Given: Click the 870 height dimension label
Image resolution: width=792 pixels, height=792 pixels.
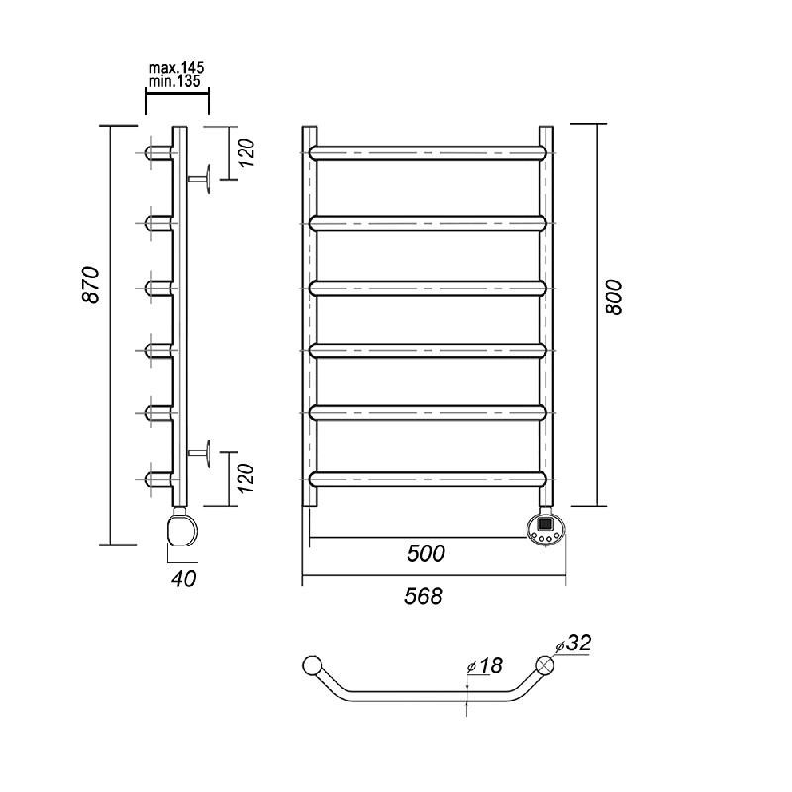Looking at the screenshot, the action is click(92, 284).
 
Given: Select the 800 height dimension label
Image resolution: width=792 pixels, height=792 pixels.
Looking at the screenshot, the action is click(614, 298).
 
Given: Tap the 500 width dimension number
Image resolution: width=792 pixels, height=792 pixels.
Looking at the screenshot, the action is click(426, 554).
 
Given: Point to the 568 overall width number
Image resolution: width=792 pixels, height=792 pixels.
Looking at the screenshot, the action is click(424, 596).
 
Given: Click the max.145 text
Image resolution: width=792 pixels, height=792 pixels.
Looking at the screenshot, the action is click(177, 67).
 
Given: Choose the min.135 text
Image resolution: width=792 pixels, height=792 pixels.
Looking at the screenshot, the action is click(175, 81).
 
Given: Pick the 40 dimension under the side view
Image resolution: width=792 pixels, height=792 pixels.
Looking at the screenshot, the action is click(183, 579).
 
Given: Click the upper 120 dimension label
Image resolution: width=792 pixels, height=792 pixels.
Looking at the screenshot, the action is click(246, 152).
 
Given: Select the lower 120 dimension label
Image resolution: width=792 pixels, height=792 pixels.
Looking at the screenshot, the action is click(246, 479).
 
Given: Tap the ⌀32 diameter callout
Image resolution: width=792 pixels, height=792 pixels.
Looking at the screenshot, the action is click(573, 643).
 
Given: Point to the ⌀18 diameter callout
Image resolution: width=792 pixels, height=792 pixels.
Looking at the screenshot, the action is click(485, 665).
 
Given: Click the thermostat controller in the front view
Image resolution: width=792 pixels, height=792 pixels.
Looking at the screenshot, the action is click(546, 530).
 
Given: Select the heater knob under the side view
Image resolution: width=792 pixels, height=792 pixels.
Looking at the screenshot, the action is click(182, 528).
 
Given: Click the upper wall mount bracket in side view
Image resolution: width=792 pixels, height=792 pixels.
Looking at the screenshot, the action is click(199, 179).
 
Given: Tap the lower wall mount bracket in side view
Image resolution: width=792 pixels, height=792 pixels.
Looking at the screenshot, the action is click(199, 453).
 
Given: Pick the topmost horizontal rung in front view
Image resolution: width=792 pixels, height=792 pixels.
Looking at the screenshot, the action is click(429, 153).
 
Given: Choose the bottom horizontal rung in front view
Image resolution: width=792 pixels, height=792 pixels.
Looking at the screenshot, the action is click(429, 479).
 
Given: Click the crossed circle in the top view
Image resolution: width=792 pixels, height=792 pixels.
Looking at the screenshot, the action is click(545, 665).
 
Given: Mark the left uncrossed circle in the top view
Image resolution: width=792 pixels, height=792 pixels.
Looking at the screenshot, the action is click(312, 665).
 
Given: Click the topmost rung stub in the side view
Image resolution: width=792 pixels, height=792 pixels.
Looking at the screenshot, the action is click(159, 153).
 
